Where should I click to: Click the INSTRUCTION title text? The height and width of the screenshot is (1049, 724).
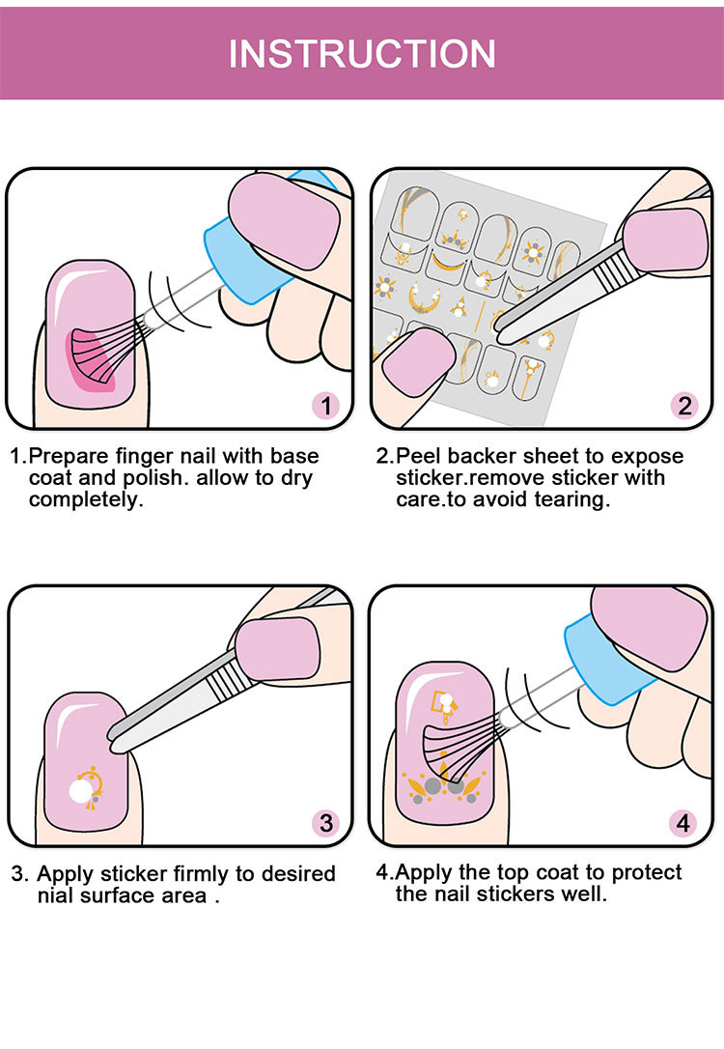[x=362, y=54]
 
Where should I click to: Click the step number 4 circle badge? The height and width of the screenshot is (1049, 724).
[x=683, y=823]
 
